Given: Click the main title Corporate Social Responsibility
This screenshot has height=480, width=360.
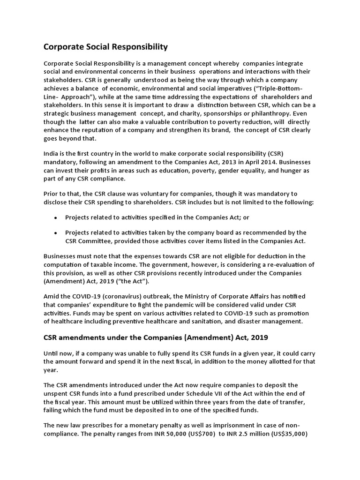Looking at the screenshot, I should click(x=105, y=47).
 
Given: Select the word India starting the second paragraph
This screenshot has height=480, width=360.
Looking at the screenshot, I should click(x=51, y=153).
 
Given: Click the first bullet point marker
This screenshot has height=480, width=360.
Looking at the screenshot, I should click(x=56, y=218).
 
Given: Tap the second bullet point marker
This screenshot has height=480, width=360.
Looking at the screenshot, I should click(x=56, y=232).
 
